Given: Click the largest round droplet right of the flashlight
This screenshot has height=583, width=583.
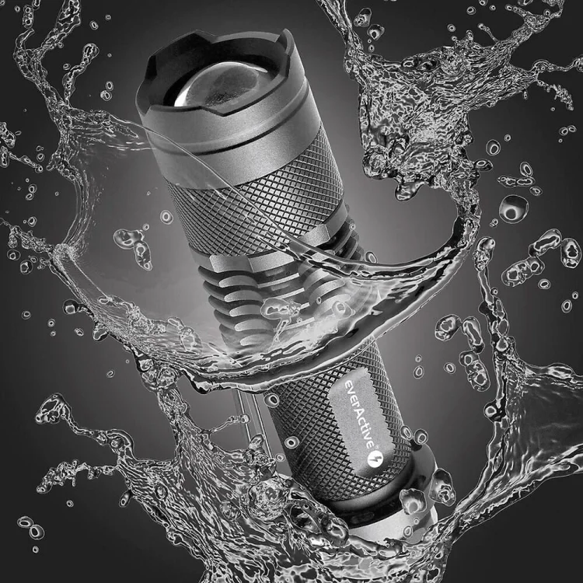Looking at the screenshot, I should click(x=513, y=208).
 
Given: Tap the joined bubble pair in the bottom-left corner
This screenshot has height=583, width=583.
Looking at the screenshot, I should click(x=31, y=528).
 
